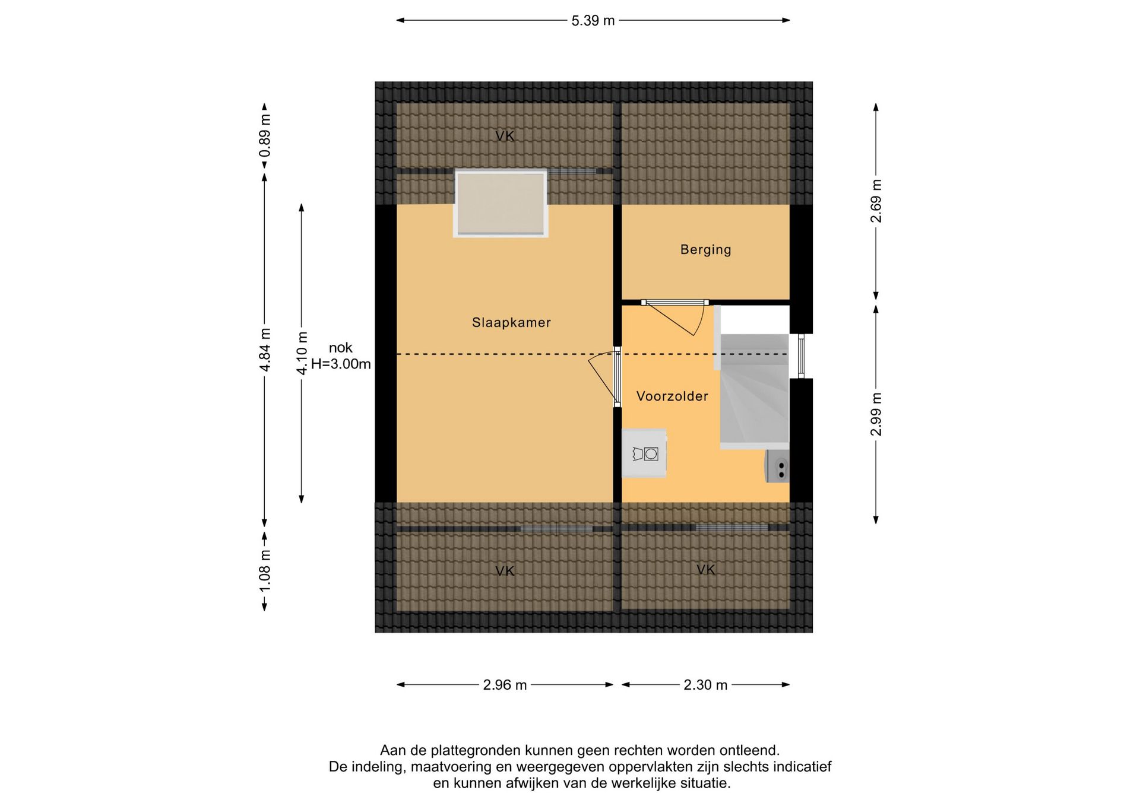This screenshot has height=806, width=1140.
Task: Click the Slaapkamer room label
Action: [511, 323]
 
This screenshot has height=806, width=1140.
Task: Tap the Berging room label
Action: [705, 250]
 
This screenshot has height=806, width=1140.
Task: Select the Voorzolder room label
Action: [672, 396]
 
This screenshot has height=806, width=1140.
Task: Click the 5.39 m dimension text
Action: [593, 21]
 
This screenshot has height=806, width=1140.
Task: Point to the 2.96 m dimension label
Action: [505, 685]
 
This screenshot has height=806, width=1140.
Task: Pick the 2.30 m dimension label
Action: [705, 685]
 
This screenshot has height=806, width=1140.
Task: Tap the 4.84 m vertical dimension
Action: [265, 350]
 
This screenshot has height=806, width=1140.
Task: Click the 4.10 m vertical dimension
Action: [302, 353]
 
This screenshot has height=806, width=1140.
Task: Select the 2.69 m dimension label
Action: [876, 201]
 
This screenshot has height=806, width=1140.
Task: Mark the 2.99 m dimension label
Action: [876, 414]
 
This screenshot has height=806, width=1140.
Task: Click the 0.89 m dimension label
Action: [265, 135]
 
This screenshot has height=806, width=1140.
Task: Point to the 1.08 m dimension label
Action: [265, 570]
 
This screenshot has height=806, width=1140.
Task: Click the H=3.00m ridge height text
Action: [341, 364]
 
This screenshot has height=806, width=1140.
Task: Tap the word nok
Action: [341, 348]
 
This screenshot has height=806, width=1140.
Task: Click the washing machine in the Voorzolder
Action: [644, 453]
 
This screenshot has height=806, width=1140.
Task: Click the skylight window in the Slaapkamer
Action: [501, 204]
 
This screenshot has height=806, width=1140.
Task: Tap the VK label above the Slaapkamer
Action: [505, 137]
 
